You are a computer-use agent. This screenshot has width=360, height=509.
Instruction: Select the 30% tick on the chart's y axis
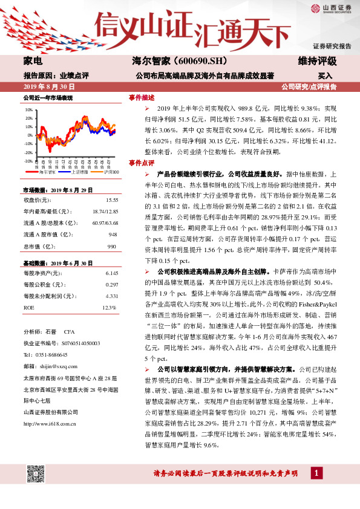(28, 110)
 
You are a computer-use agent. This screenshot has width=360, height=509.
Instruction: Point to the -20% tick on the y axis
(28, 153)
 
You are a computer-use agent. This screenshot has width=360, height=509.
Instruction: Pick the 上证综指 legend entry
(79, 172)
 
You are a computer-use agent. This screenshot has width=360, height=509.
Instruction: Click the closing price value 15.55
(111, 200)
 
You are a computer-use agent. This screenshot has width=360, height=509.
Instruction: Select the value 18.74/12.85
(106, 211)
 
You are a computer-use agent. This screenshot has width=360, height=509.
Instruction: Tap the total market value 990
(111, 247)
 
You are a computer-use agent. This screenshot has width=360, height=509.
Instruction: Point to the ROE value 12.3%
(108, 308)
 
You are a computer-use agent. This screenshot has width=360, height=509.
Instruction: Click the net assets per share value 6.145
(111, 274)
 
